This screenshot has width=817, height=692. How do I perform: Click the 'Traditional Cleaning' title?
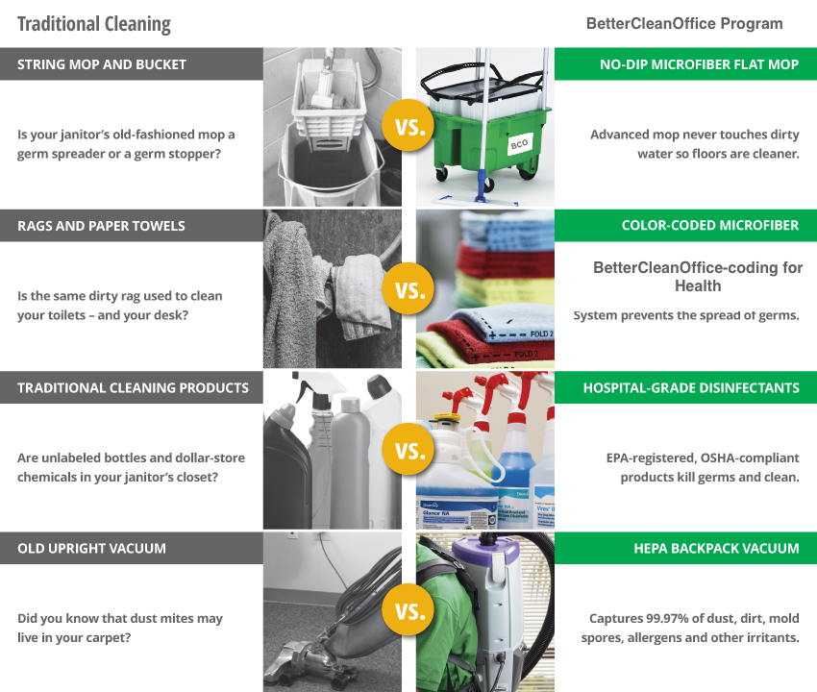94,24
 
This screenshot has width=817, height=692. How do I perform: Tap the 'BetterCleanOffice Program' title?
684,23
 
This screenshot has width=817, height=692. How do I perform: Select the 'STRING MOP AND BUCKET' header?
102,64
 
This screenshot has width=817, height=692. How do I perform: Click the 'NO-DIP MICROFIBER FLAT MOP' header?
699,64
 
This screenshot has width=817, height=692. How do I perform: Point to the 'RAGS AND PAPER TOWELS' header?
101,226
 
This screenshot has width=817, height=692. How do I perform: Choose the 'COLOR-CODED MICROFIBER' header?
710,225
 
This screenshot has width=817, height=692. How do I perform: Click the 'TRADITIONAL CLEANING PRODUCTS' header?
133,387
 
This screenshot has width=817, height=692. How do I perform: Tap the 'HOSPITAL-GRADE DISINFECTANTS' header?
691,387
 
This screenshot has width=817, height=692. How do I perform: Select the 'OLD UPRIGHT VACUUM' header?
91,548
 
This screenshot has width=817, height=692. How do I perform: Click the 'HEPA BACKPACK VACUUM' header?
716,548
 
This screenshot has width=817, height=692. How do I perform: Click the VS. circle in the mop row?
408,126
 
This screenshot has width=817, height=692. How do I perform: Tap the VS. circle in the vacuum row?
408,609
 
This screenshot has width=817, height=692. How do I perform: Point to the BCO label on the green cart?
519,144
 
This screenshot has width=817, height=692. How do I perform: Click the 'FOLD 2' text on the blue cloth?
541,334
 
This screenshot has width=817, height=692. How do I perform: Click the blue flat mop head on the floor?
475,200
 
